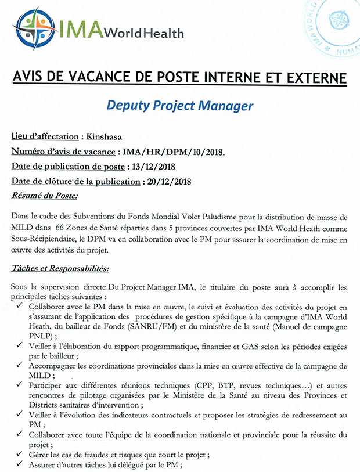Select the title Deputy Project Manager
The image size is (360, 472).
click(179, 106)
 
